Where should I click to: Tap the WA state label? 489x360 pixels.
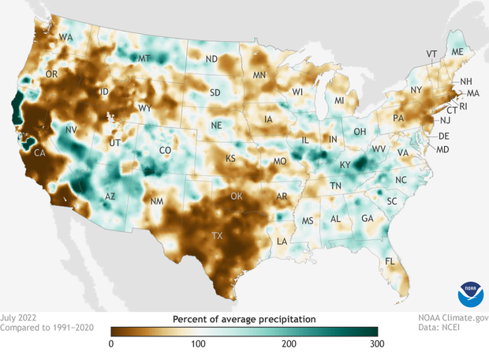pyautogui.click(x=65, y=37)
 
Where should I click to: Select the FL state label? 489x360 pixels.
pyautogui.click(x=390, y=261)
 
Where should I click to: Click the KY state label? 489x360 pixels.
pyautogui.click(x=344, y=166)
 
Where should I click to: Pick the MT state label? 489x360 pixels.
pyautogui.click(x=144, y=58)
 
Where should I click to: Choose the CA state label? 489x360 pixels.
pyautogui.click(x=38, y=156)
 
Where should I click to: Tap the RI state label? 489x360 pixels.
pyautogui.click(x=463, y=106)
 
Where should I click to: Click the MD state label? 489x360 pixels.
pyautogui.click(x=442, y=149)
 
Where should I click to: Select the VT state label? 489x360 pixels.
pyautogui.click(x=431, y=54)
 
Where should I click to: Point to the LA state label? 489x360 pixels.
pyautogui.click(x=282, y=241)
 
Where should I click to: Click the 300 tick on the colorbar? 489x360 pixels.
pyautogui.click(x=377, y=343)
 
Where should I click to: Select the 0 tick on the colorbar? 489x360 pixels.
pyautogui.click(x=111, y=343)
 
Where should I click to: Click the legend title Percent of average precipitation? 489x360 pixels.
pyautogui.click(x=244, y=318)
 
